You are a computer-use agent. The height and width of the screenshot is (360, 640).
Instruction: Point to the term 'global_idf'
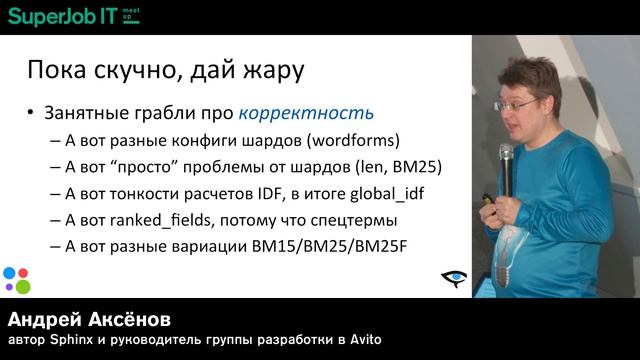[x=395, y=193]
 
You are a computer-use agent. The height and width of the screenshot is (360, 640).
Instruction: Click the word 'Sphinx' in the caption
[x=68, y=341]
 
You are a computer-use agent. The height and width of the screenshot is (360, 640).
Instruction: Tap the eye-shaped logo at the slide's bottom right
[x=454, y=279]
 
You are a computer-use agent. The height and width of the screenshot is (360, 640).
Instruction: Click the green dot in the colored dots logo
[x=23, y=287]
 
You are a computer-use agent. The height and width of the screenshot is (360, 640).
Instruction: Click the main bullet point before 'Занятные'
[x=33, y=112]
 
